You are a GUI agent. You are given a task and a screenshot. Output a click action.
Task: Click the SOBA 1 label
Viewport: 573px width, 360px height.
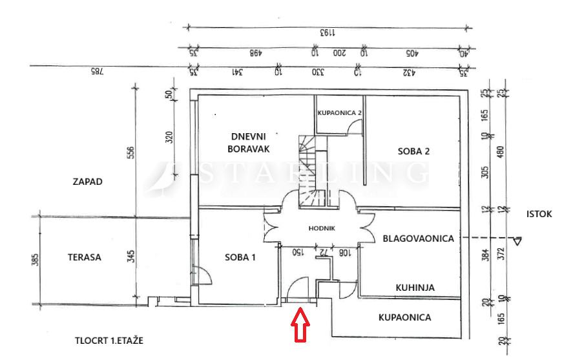tap(240, 257)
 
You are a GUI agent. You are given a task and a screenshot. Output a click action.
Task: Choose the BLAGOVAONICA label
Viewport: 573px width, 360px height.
tap(419, 238)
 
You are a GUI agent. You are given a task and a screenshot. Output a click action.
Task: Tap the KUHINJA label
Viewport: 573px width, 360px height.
tap(415, 288)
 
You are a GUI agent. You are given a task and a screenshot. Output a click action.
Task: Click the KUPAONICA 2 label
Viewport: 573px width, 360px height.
tap(340, 112)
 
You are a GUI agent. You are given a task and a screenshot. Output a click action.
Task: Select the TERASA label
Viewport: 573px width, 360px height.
tap(85, 257)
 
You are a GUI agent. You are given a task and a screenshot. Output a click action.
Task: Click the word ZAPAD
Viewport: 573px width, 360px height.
tap(87, 182)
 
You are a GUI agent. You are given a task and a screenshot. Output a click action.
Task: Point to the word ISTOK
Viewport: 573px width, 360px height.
tap(539, 214)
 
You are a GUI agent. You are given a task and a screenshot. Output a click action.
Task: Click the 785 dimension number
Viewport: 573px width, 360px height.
tap(98, 71)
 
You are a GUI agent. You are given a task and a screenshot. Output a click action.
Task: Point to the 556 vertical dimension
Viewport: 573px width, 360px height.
tap(131, 153)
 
